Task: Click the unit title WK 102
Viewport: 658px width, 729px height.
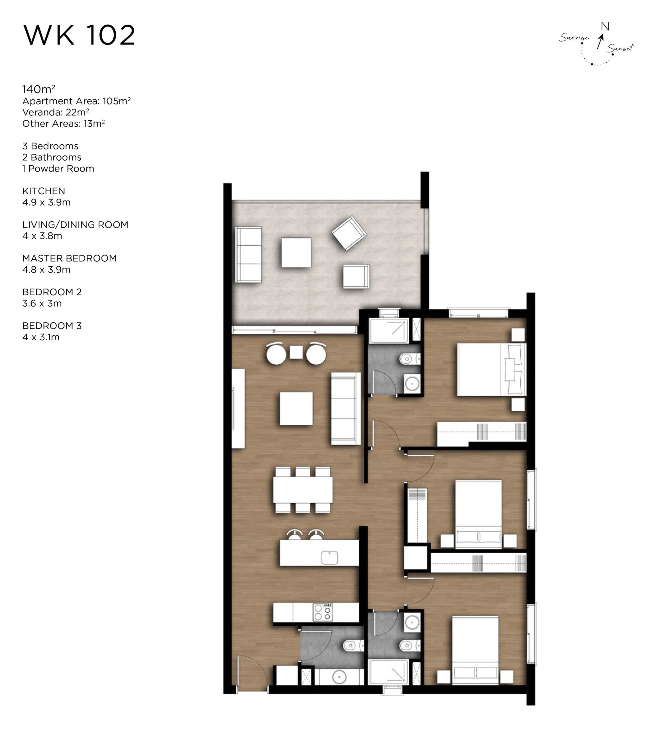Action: [x=79, y=35]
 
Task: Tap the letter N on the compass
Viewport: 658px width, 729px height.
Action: [x=605, y=26]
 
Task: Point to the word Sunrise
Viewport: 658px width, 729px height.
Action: [x=574, y=37]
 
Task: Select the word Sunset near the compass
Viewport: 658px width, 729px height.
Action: [x=620, y=48]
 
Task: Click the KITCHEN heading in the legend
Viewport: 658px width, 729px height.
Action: [x=44, y=191]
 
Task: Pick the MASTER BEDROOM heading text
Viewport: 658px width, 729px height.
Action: [x=70, y=258]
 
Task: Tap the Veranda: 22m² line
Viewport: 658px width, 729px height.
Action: [x=56, y=112]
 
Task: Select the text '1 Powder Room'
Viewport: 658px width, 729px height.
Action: [x=58, y=169]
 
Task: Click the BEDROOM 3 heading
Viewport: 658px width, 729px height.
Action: [x=52, y=326]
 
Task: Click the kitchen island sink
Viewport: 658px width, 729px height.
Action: [x=329, y=557]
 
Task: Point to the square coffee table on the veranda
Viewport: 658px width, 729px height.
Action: [x=296, y=253]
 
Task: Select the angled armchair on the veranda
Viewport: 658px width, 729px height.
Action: [x=349, y=234]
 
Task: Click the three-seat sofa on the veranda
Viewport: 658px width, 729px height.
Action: [x=248, y=255]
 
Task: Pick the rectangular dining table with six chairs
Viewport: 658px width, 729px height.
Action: [x=303, y=490]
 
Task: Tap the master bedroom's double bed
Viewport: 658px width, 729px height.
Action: [x=491, y=370]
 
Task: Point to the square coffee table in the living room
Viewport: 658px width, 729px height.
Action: [x=296, y=409]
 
